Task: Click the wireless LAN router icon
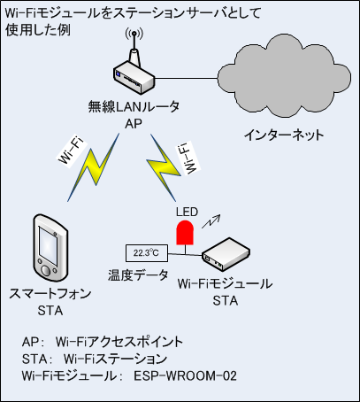(x=134, y=74)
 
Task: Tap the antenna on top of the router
(x=134, y=46)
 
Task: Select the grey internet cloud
(x=284, y=76)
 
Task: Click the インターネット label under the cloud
(x=284, y=135)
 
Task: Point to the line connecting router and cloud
(x=187, y=78)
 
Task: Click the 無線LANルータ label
(x=134, y=106)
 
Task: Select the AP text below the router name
(x=134, y=124)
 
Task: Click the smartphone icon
(x=50, y=247)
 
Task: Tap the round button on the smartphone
(x=46, y=271)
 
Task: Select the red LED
(x=185, y=233)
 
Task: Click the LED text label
(x=187, y=212)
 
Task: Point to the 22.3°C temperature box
(x=147, y=253)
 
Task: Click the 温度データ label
(x=138, y=275)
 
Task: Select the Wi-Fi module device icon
(x=226, y=254)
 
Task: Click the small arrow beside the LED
(x=211, y=221)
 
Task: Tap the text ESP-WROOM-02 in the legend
(x=185, y=376)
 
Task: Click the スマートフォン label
(x=50, y=294)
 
